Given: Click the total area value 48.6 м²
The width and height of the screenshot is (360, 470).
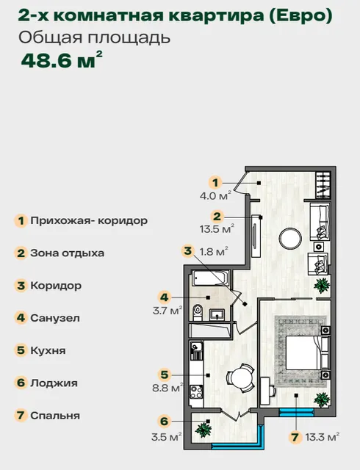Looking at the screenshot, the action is [62, 60].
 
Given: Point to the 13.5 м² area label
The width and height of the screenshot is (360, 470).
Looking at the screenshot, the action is [217, 229].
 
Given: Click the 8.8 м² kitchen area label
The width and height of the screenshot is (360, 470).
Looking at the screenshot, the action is [168, 388].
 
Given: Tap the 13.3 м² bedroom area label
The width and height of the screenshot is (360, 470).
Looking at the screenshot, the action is [323, 437].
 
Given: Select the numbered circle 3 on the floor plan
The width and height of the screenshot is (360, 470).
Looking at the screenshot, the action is [188, 250].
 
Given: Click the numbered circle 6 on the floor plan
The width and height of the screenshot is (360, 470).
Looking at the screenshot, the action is [164, 421].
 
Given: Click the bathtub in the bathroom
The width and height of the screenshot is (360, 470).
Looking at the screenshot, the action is [211, 278].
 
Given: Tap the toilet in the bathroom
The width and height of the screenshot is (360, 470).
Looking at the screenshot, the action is [198, 312].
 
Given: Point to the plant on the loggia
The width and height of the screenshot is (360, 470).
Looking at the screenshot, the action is [204, 429].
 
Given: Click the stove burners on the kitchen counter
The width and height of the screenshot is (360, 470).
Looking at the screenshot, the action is [197, 391].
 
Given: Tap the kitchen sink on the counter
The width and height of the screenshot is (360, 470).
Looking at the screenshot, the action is [197, 347].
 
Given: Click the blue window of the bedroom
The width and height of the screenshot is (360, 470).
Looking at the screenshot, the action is [296, 413].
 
